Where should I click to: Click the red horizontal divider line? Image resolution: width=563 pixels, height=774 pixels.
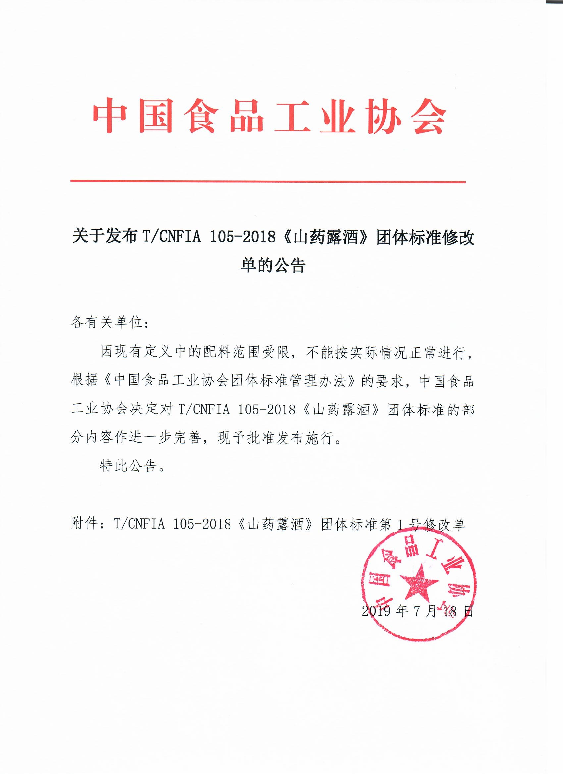pyautogui.click(x=268, y=182)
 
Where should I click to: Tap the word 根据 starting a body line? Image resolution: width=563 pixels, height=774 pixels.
pyautogui.click(x=85, y=381)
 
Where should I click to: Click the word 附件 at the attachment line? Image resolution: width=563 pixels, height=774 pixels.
pyautogui.click(x=85, y=524)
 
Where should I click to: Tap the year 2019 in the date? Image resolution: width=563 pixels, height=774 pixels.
pyautogui.click(x=376, y=611)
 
